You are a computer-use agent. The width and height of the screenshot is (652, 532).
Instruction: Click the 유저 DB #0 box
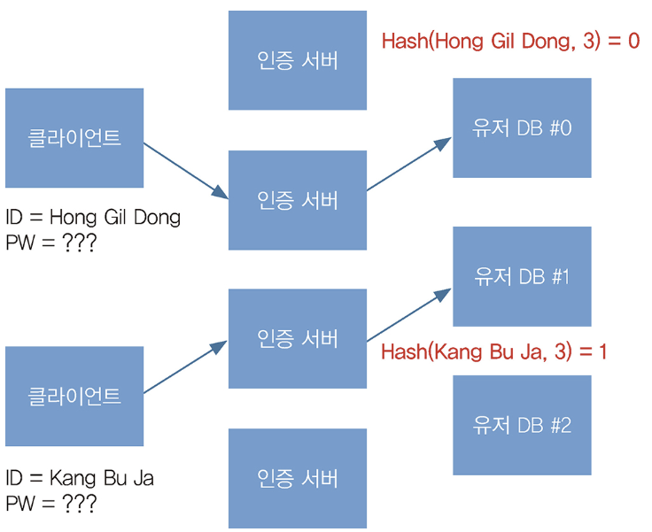pyautogui.click(x=522, y=127)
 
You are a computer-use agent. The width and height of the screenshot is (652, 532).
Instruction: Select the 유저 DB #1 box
pyautogui.click(x=522, y=276)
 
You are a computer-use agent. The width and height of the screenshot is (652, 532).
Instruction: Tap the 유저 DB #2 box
pyautogui.click(x=522, y=425)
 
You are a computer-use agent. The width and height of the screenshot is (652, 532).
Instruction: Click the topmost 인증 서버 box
pyautogui.click(x=297, y=60)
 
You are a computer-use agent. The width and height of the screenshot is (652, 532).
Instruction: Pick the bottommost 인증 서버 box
pyautogui.click(x=297, y=478)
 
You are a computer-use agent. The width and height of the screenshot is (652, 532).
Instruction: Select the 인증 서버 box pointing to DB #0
pyautogui.click(x=297, y=200)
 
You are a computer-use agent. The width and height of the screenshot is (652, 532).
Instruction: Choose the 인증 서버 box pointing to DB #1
pyautogui.click(x=297, y=338)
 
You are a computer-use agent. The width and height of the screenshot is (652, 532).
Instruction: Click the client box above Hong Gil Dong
pyautogui.click(x=74, y=138)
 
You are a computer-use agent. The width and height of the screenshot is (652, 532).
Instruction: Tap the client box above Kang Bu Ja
pyautogui.click(x=74, y=396)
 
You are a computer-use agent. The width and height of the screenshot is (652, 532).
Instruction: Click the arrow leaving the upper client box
pyautogui.click(x=185, y=169)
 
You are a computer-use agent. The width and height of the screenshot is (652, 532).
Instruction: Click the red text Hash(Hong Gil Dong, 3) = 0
pyautogui.click(x=509, y=41)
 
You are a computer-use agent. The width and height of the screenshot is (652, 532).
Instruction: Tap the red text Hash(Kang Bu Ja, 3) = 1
pyautogui.click(x=493, y=351)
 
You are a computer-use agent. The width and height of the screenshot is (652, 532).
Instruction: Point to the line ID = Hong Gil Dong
pyautogui.click(x=93, y=217)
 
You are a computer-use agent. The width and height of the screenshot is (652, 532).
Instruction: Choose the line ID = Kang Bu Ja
pyautogui.click(x=80, y=479)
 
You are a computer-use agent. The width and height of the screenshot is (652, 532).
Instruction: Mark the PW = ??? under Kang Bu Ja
pyautogui.click(x=50, y=504)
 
